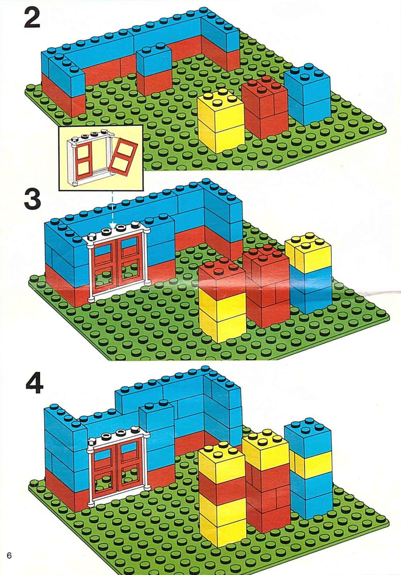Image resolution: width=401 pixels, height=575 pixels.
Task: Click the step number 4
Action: click(33, 384)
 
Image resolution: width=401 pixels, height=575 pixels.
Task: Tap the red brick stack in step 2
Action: click(264, 108)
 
